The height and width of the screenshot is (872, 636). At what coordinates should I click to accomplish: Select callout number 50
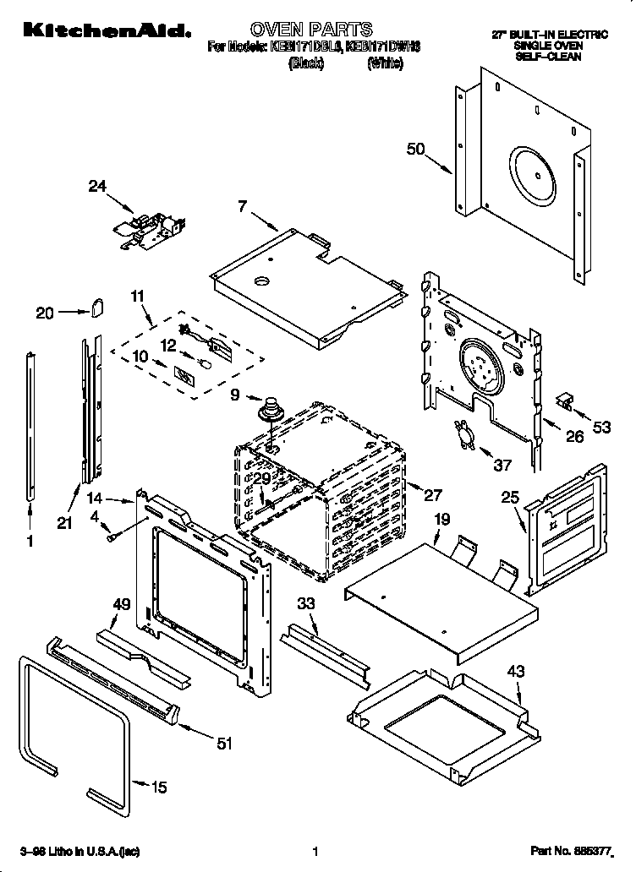pos(415,150)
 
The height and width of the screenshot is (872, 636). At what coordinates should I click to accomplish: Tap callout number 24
pos(99,188)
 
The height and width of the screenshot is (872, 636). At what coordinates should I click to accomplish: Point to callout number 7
pos(242,205)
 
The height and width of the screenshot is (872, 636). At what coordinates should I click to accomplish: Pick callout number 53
pos(601,428)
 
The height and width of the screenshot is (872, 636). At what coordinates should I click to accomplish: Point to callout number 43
pos(515,672)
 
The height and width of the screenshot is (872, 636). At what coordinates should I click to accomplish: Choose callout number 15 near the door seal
pos(158,788)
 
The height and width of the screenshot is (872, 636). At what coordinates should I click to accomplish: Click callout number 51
pos(224,744)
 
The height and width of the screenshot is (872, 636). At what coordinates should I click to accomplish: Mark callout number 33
pos(306,603)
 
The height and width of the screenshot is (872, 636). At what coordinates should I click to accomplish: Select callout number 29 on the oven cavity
pos(261,478)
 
